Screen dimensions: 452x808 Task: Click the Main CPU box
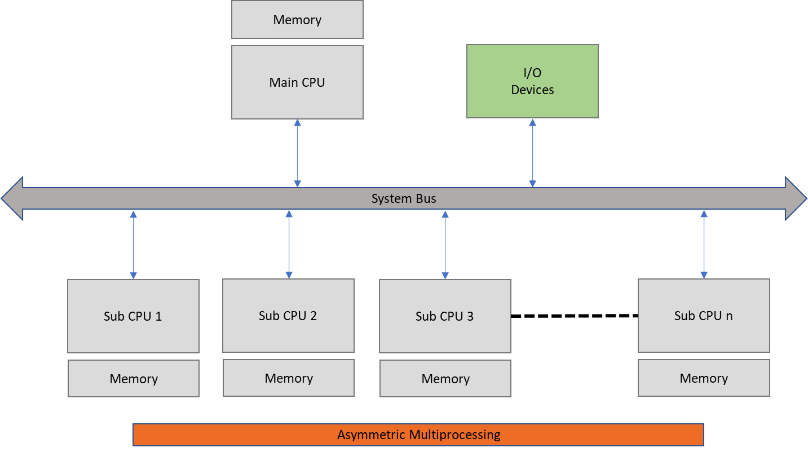coord(297,82)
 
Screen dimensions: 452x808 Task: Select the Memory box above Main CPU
coord(297,20)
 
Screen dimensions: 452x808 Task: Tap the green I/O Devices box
coord(532,82)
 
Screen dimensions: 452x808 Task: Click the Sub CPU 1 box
coord(133,316)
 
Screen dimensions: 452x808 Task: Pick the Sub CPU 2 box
coord(288,316)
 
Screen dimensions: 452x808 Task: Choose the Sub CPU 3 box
coord(445,316)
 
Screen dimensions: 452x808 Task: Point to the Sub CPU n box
coord(704,316)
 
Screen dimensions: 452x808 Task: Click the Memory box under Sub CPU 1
coord(134,379)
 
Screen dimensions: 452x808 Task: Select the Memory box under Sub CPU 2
coord(289,378)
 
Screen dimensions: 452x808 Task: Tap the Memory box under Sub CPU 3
coord(445,379)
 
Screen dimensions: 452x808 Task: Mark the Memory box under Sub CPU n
coord(704,378)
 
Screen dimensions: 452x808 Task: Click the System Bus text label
coord(404,198)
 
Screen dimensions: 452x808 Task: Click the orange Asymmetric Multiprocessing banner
coord(418,435)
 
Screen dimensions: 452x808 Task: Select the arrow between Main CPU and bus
coord(298,153)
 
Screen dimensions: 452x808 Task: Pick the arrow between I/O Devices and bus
coord(532,153)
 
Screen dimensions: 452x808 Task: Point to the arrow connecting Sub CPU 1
coord(133,245)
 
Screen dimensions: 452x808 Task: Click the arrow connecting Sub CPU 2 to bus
coord(289,245)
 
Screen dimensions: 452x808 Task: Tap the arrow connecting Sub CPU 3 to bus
coord(445,245)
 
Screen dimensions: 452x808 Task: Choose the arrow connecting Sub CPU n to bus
coord(704,245)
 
